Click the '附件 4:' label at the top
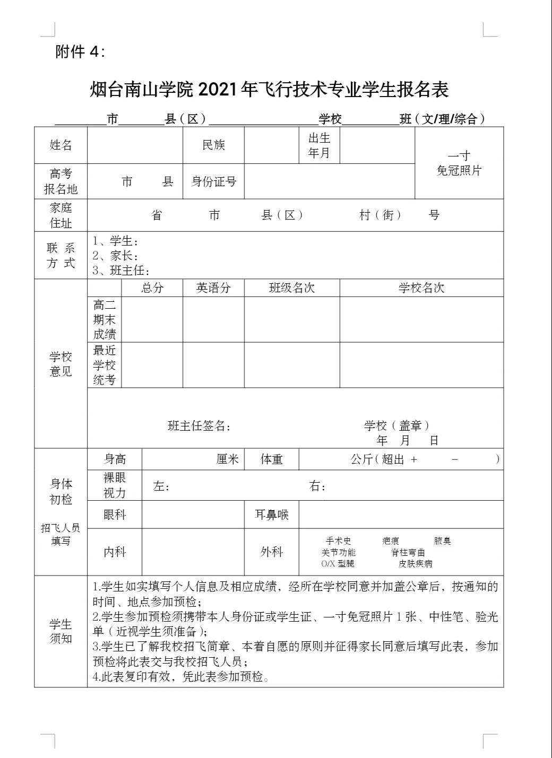click(80, 51)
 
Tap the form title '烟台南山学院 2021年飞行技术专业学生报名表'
click(270, 90)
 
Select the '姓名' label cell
click(61, 145)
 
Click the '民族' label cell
click(213, 145)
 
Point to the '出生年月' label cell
click(319, 145)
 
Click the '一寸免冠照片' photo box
click(459, 163)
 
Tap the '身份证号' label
click(213, 181)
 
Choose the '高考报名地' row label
click(61, 181)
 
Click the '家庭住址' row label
click(61, 215)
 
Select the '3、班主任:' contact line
click(121, 271)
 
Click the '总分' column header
click(152, 288)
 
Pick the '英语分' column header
click(213, 288)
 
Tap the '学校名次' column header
click(421, 288)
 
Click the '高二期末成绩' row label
click(105, 319)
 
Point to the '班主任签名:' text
click(199, 426)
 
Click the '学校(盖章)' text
click(397, 425)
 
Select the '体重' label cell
click(271, 459)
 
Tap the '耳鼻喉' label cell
click(271, 515)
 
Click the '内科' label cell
click(115, 552)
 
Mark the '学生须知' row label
click(61, 631)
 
